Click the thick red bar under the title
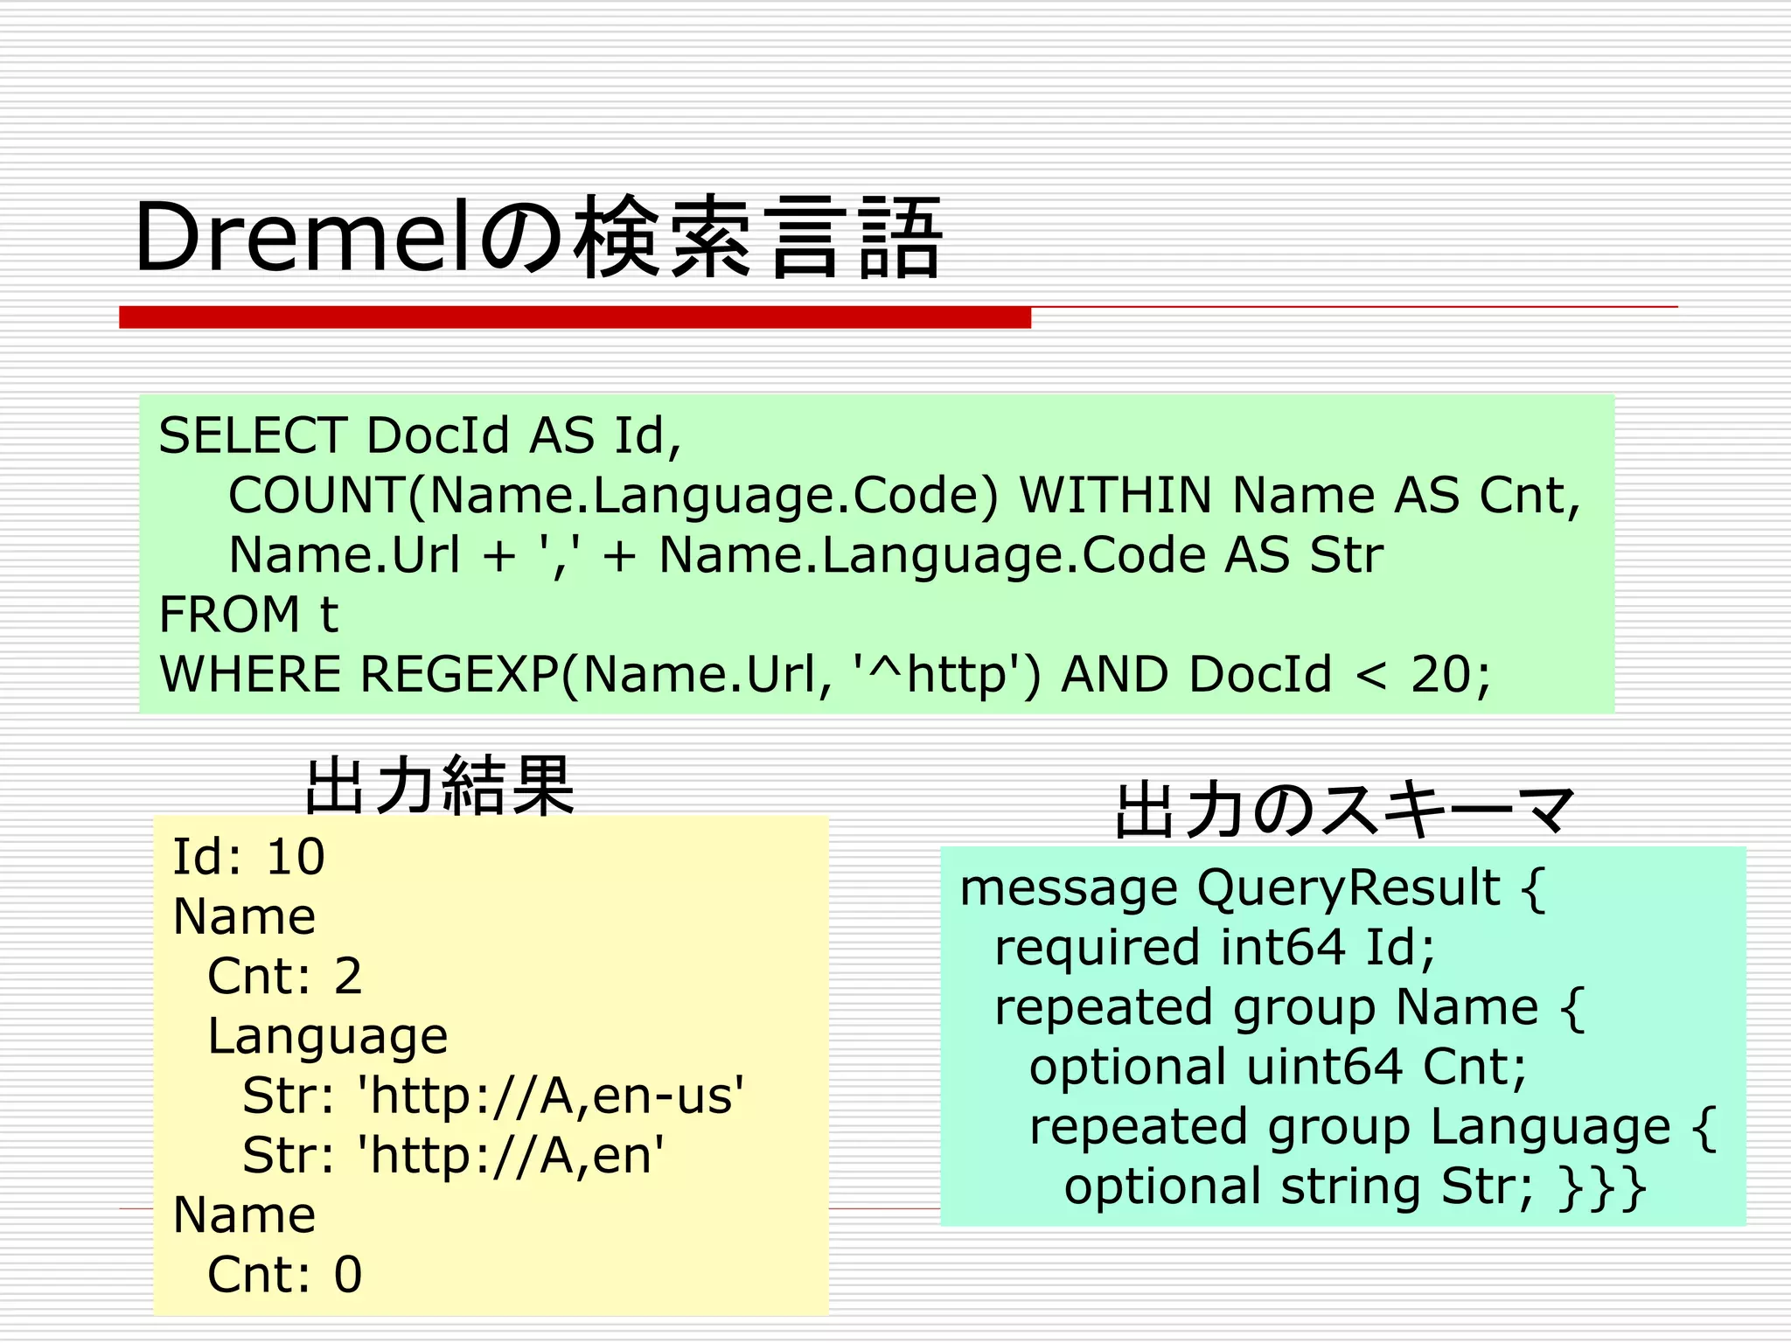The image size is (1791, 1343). coord(575,317)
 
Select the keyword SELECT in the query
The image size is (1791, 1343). coord(253,435)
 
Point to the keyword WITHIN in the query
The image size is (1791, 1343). coord(1116,495)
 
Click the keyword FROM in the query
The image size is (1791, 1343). coord(228,614)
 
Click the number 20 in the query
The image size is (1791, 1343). coord(1439,674)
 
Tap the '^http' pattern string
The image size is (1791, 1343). coord(945,674)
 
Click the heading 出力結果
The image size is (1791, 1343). coord(440,784)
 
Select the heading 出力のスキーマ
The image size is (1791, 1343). coord(1344,811)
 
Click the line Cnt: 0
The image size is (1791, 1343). coord(284,1275)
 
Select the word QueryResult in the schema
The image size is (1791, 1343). coord(1348,888)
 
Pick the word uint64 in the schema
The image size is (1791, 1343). coord(1323,1067)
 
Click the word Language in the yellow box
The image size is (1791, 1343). coord(327,1036)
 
